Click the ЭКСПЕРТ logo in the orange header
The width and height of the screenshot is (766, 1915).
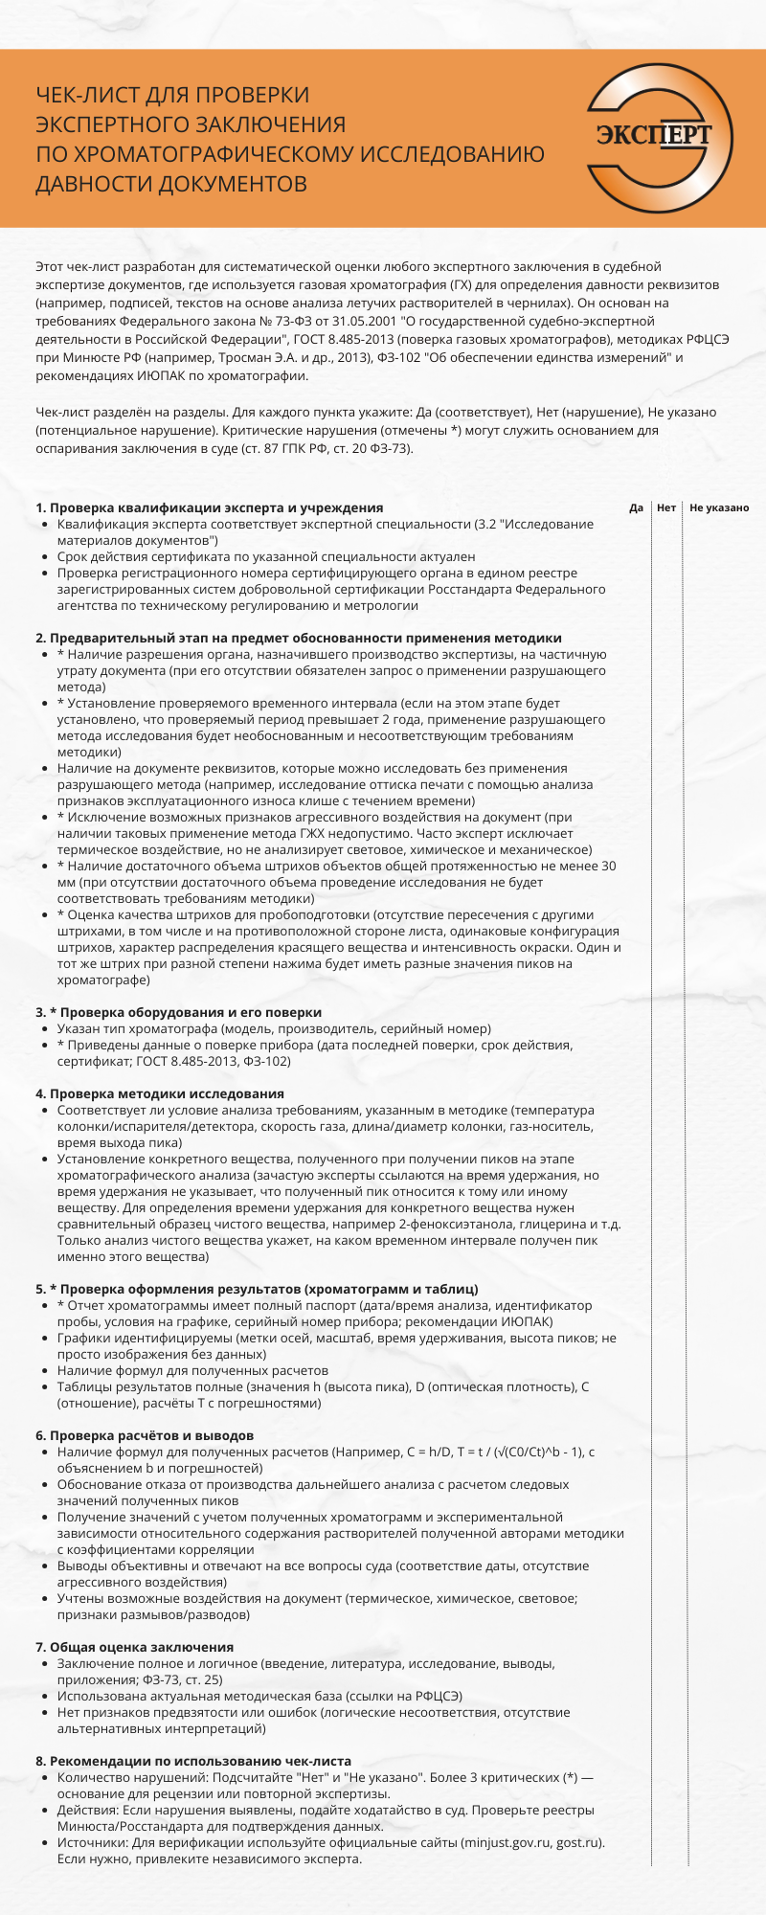coord(655,136)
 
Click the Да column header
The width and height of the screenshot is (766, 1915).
coord(636,507)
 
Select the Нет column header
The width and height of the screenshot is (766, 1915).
coord(666,507)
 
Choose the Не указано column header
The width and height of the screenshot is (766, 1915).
coord(719,507)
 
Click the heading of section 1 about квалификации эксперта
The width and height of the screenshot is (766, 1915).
coord(209,507)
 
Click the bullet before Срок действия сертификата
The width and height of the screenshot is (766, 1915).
coord(46,556)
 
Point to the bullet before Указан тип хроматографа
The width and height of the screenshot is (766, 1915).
coord(46,1028)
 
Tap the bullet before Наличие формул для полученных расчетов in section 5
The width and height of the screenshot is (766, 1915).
coord(46,1370)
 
